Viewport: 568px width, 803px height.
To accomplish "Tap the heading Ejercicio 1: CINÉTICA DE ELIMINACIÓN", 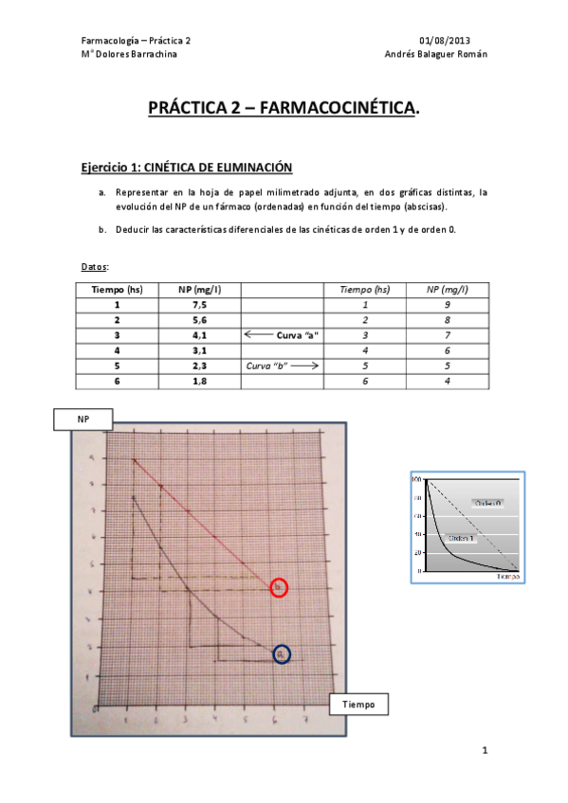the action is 186,168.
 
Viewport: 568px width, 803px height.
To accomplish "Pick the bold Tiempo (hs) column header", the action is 118,290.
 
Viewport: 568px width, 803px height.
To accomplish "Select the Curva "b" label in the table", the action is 266,365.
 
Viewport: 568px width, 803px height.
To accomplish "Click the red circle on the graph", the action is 279,588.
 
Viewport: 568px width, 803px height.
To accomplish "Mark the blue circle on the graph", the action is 281,654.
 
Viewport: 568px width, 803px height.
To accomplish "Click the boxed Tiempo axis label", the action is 358,705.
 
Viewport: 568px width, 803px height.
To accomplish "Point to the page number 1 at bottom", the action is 485,752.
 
